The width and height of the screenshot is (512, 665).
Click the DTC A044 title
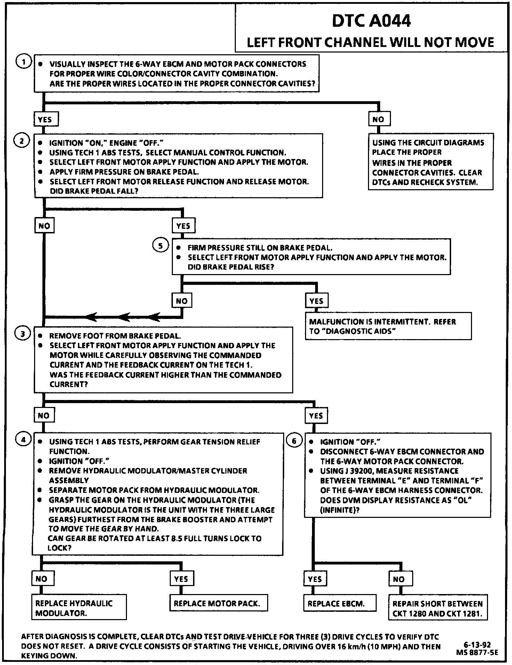click(x=371, y=21)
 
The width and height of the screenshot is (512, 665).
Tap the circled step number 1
click(x=23, y=62)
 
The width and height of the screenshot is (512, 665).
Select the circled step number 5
click(x=160, y=246)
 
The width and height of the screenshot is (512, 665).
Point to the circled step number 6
click(x=294, y=441)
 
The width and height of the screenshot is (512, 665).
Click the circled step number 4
click(x=24, y=440)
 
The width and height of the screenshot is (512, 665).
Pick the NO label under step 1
click(x=379, y=119)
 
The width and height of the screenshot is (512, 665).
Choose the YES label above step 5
click(x=183, y=226)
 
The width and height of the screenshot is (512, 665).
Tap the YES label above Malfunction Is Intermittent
click(x=317, y=301)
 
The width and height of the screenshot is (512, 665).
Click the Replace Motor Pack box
click(x=218, y=603)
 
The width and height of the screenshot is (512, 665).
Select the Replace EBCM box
click(x=339, y=603)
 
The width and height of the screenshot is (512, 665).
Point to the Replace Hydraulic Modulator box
click(x=79, y=608)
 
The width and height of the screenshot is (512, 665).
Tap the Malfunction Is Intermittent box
click(x=388, y=326)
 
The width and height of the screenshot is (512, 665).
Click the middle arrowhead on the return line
click(x=123, y=317)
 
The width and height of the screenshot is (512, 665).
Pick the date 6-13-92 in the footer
click(x=477, y=645)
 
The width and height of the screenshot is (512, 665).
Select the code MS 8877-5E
click(x=477, y=652)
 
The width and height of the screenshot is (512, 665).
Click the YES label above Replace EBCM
click(x=315, y=579)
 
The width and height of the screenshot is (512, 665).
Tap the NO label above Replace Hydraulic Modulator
click(x=41, y=579)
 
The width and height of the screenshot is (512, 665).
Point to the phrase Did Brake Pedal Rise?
click(x=231, y=267)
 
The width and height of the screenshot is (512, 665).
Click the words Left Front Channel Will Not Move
click(x=370, y=42)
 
